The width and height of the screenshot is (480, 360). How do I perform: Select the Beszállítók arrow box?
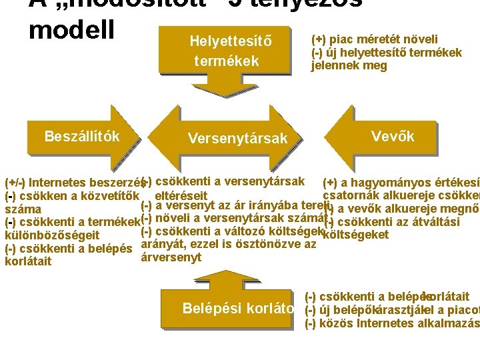pos(81,137)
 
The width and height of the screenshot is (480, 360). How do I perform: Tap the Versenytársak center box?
pos(237,138)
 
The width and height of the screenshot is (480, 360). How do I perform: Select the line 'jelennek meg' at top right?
pos(349,65)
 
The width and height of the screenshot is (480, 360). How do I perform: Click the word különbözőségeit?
pos(52,235)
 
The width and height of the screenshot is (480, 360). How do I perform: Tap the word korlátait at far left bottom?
pos(27,261)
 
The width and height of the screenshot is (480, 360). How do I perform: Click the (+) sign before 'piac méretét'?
pos(319,39)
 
